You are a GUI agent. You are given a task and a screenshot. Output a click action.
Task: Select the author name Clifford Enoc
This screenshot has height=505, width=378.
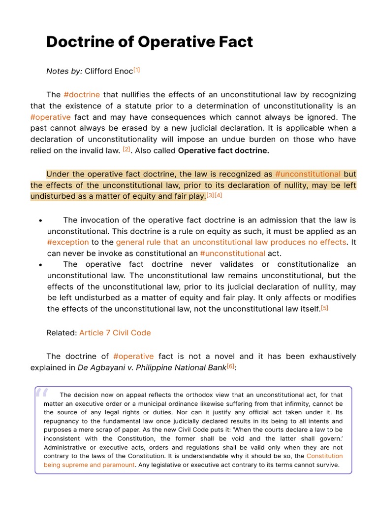pos(108,71)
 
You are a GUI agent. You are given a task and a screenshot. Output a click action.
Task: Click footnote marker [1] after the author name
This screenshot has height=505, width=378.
pos(137,70)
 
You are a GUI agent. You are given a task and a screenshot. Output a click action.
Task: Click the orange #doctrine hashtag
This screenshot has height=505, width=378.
pos(82,94)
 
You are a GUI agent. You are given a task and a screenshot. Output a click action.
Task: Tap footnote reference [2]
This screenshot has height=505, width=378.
pos(126,149)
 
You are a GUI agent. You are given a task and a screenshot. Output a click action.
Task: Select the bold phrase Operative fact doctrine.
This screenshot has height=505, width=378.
pos(223,151)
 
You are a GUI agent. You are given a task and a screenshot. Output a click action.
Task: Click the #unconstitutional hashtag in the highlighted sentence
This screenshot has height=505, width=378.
pos(308,174)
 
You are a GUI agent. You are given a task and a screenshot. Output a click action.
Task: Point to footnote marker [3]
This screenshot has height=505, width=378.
pos(210,195)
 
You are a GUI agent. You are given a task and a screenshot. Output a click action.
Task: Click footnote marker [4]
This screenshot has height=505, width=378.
pos(219,195)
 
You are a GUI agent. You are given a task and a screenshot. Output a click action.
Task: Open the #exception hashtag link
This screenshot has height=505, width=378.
pos(68,242)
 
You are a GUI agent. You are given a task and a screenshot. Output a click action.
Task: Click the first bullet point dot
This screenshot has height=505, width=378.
pos(40,220)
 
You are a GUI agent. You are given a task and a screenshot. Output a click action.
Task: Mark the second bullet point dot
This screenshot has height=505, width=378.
pos(40,265)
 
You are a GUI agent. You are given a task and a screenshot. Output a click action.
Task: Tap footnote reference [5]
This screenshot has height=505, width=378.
pos(324,308)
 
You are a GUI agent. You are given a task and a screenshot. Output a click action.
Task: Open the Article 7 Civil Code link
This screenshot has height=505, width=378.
pos(115,332)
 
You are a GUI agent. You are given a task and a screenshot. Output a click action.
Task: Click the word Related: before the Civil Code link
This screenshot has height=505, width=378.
pos(62,332)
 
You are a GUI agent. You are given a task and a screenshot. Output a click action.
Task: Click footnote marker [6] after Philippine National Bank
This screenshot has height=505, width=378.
pos(231,366)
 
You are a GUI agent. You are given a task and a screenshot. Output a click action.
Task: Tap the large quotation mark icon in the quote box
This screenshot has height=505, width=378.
pos(42,393)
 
